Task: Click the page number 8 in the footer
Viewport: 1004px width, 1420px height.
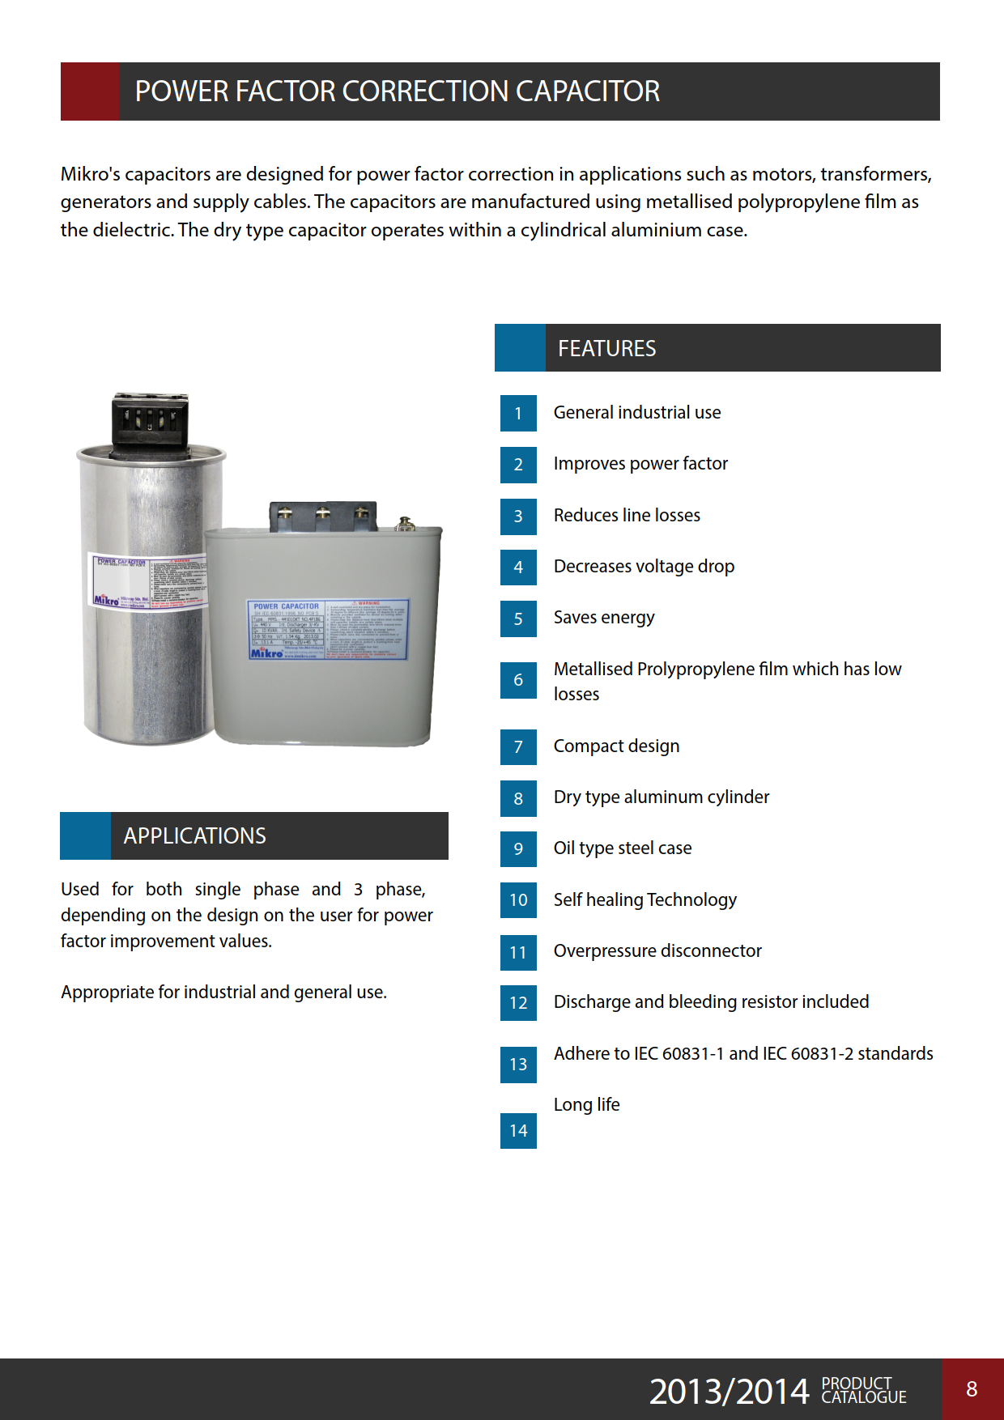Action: pos(972,1389)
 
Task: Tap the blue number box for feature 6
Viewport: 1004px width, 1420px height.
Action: pos(518,680)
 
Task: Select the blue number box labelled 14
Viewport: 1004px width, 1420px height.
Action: pos(518,1130)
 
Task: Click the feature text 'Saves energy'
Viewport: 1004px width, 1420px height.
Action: pos(604,618)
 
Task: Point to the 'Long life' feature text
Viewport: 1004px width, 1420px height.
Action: pos(586,1104)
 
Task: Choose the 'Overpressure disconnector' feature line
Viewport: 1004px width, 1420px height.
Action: pos(657,950)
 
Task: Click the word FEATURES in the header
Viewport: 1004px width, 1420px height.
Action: pos(606,348)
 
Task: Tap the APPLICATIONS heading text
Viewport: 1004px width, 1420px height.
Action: pos(194,835)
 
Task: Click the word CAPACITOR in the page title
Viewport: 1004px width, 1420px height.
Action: pos(588,91)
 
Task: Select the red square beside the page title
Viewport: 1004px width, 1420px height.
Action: pos(90,91)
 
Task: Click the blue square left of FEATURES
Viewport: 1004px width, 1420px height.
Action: pos(520,348)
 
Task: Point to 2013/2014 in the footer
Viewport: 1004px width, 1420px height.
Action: pos(729,1391)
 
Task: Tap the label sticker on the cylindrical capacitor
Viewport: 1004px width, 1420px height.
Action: pos(147,583)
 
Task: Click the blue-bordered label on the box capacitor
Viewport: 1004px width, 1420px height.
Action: pos(327,630)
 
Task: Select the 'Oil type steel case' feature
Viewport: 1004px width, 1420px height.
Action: pos(623,848)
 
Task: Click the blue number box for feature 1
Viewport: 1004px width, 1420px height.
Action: pos(518,413)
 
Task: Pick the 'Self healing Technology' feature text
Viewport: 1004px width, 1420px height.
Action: pos(645,899)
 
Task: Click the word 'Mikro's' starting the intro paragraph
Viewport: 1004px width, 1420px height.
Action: pos(90,174)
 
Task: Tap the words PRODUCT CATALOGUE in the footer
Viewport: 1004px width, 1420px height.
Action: pos(863,1390)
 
